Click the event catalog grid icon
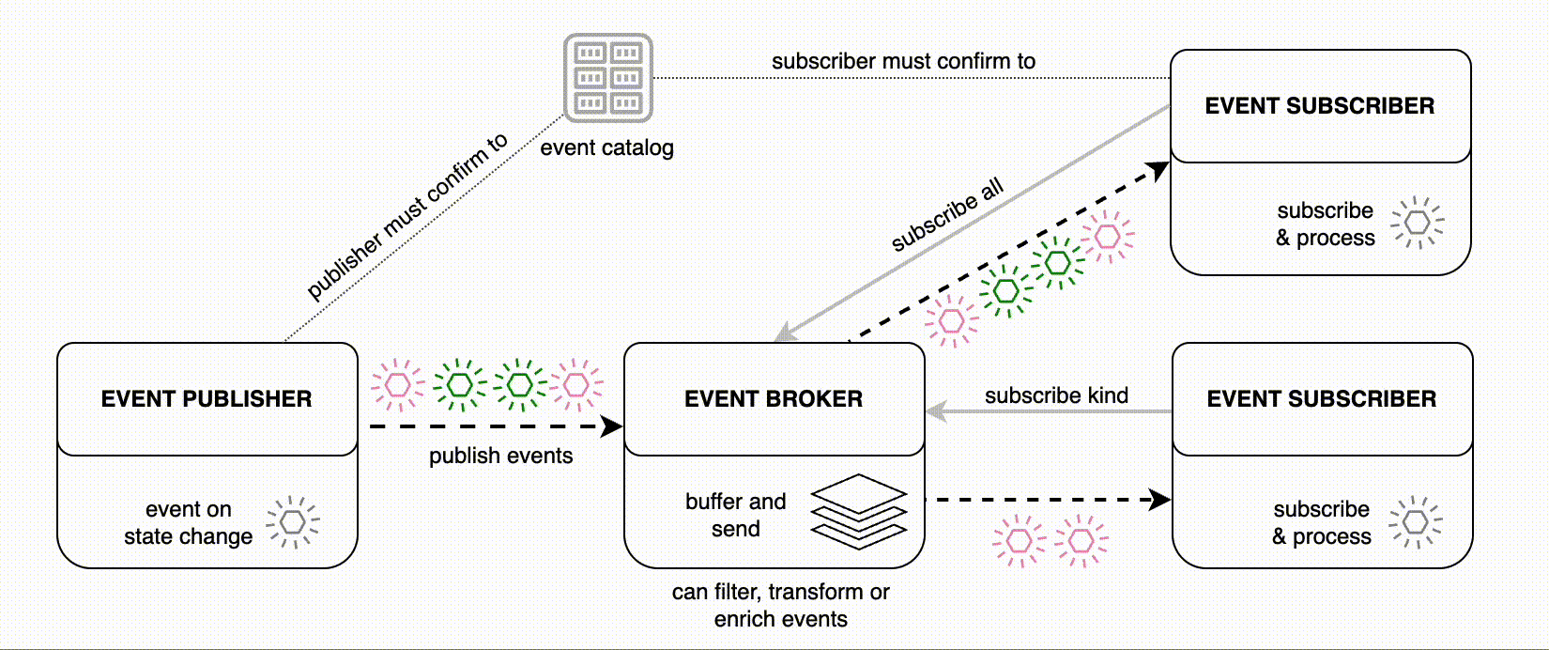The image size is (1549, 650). tap(607, 78)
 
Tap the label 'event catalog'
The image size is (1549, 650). tap(606, 147)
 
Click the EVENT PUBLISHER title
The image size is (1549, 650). tap(207, 398)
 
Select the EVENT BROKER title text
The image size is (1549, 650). tap(773, 398)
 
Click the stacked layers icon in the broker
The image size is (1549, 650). tap(858, 511)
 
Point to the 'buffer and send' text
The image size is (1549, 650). tap(735, 515)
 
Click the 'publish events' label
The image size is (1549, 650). tap(500, 456)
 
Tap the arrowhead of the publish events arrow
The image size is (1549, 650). tap(613, 427)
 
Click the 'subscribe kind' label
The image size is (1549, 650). tap(1056, 395)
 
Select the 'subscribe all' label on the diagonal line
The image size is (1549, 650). tap(947, 214)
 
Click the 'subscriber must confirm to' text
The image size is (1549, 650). tap(903, 61)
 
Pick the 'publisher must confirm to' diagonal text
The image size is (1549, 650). tap(407, 215)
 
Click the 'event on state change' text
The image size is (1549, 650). tap(188, 522)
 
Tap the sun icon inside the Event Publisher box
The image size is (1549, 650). tap(293, 521)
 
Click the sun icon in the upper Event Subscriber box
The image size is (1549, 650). tap(1418, 223)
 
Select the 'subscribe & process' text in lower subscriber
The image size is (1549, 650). tap(1321, 522)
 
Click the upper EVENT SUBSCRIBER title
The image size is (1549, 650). tap(1319, 105)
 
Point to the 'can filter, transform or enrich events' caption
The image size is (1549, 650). tap(780, 605)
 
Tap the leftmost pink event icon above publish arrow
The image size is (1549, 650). tap(398, 385)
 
